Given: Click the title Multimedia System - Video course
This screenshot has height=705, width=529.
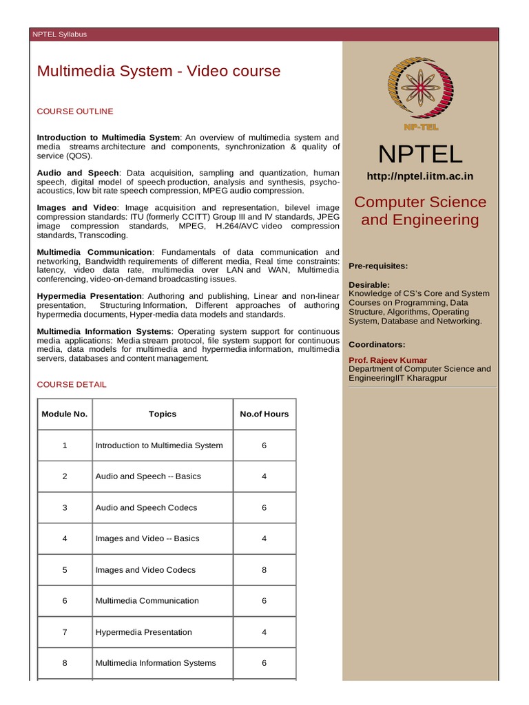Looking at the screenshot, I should pos(158,71).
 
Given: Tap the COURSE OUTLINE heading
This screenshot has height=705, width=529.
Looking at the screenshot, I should pos(75,111).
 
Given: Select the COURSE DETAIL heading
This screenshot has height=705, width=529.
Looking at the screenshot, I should pos(72,384).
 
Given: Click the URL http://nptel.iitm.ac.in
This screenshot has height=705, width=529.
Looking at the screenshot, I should pos(419,176).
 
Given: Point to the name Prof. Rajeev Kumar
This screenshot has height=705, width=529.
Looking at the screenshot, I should pos(388,360).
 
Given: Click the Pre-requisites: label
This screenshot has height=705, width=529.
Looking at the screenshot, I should pos(378,266).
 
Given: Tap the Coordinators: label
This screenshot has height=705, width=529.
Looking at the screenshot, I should pos(377,344).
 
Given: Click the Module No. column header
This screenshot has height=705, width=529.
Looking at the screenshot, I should pos(65,414).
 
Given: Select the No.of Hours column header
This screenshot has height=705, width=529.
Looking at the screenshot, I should pos(264,414).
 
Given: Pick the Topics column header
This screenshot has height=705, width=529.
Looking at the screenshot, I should pos(163,414).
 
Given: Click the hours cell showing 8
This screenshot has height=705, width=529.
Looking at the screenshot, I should pos(264,570).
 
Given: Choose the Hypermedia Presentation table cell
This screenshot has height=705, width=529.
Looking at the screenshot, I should pos(143,632).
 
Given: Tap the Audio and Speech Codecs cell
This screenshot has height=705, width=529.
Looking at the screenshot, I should pos(146,507).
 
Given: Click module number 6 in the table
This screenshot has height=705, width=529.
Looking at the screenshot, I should pos(65,601).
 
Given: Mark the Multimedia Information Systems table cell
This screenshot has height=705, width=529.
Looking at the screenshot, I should pos(155,663).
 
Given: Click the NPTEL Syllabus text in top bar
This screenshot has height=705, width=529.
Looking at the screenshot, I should pos(60,34).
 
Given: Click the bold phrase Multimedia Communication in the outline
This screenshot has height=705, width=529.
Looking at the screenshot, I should pos(94,252).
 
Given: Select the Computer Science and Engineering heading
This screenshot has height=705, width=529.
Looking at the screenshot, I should pos(419,211).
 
